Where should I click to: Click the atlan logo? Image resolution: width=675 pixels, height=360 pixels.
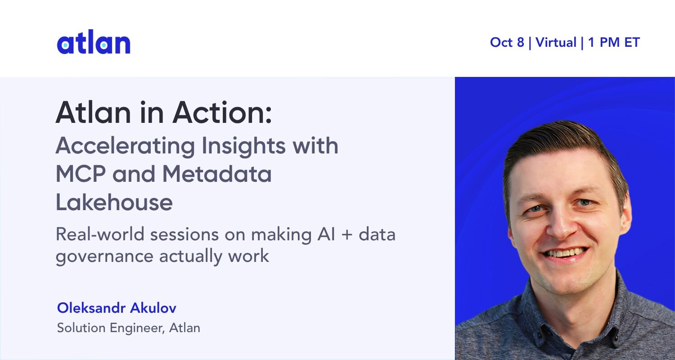tap(94, 42)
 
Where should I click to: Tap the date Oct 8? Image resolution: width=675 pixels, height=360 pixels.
tap(507, 42)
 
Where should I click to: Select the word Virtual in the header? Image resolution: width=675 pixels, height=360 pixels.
tap(556, 42)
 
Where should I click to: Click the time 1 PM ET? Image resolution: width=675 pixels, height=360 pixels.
tap(614, 42)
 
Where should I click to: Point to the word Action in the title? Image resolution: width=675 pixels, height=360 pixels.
tap(222, 112)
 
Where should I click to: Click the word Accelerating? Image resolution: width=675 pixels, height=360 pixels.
tap(126, 146)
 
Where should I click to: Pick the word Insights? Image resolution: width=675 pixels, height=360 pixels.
tap(243, 146)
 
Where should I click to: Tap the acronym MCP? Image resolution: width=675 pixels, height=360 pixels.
tap(81, 174)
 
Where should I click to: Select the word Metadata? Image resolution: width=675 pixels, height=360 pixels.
tap(217, 174)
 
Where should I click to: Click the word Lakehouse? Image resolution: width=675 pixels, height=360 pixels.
tap(114, 202)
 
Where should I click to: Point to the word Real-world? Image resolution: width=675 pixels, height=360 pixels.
tap(100, 234)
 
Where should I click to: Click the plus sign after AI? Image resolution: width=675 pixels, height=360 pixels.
tap(347, 235)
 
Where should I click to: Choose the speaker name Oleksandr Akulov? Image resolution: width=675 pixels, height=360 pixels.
tap(117, 308)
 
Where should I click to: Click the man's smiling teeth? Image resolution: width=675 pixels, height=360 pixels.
tap(565, 253)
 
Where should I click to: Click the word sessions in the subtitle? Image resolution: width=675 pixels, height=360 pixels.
tap(184, 235)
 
